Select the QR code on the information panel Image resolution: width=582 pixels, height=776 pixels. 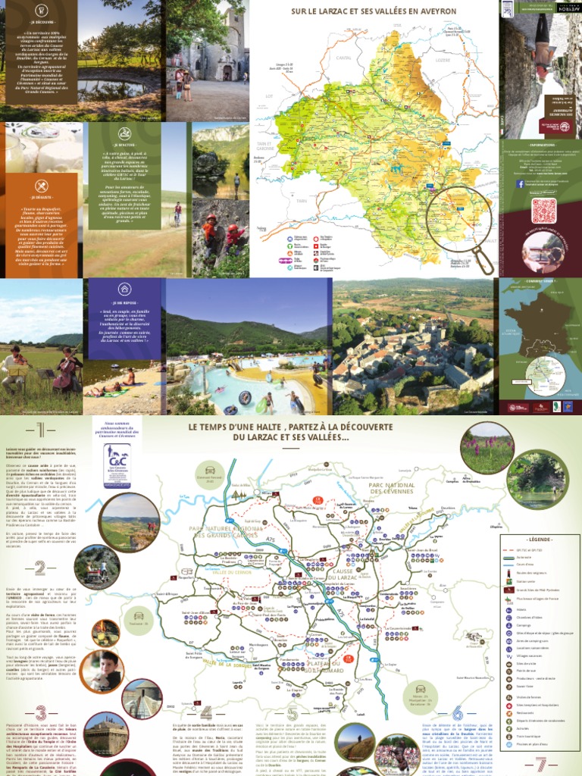(x=543, y=210)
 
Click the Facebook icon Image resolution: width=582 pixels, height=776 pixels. (x=520, y=183)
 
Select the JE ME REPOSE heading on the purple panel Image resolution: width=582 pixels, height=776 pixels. (x=124, y=302)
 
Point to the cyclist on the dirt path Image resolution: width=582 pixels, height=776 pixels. (x=177, y=213)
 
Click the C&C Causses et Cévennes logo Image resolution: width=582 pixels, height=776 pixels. (x=117, y=455)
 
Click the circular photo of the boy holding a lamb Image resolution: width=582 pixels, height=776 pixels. (x=102, y=670)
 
